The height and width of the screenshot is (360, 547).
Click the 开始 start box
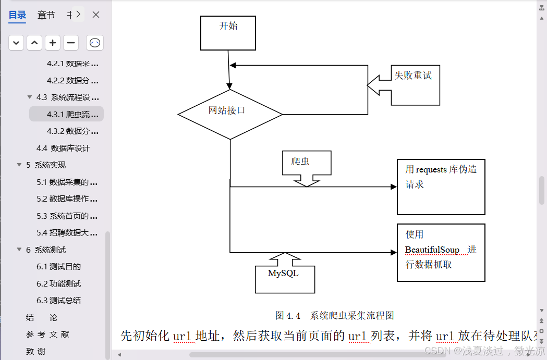click(x=228, y=32)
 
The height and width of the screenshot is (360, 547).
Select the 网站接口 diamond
click(x=229, y=114)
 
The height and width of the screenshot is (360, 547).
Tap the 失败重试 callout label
click(x=413, y=76)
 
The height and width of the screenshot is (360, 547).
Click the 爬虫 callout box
click(x=307, y=163)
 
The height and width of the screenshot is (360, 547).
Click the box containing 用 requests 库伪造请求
click(x=441, y=187)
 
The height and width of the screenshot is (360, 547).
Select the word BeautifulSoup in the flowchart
click(x=432, y=250)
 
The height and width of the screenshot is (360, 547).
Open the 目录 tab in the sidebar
click(x=17, y=15)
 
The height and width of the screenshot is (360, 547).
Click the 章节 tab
click(x=46, y=15)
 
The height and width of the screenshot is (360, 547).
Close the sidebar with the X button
click(x=96, y=15)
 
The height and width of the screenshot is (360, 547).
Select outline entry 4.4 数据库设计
click(x=63, y=148)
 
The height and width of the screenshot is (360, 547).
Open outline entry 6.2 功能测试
click(x=59, y=283)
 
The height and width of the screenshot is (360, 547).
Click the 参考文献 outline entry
click(x=47, y=334)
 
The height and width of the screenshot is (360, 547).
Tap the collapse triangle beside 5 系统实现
click(x=19, y=165)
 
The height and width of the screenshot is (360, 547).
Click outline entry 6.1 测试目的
click(x=59, y=266)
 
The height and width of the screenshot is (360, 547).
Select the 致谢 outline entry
click(x=36, y=351)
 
